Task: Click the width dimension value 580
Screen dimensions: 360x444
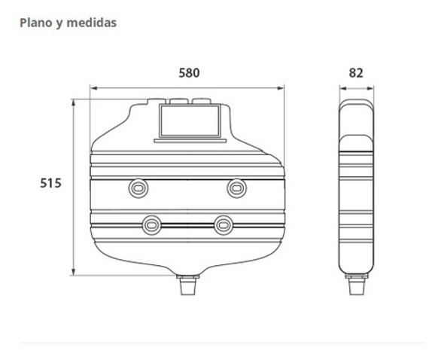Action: (189, 73)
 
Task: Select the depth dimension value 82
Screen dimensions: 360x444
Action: (356, 73)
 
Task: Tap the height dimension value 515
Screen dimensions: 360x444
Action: (50, 183)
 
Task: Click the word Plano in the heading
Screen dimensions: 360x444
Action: (35, 23)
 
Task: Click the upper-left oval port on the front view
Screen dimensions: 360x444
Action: (138, 187)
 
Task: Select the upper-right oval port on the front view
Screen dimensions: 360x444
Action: (236, 187)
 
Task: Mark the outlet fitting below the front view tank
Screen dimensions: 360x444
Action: (188, 286)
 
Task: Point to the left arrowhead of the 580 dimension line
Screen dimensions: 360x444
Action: (93, 89)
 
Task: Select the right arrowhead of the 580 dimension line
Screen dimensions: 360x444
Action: (283, 89)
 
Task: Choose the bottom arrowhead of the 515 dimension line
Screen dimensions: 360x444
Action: (73, 272)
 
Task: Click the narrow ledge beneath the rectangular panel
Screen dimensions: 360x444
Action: (188, 140)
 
